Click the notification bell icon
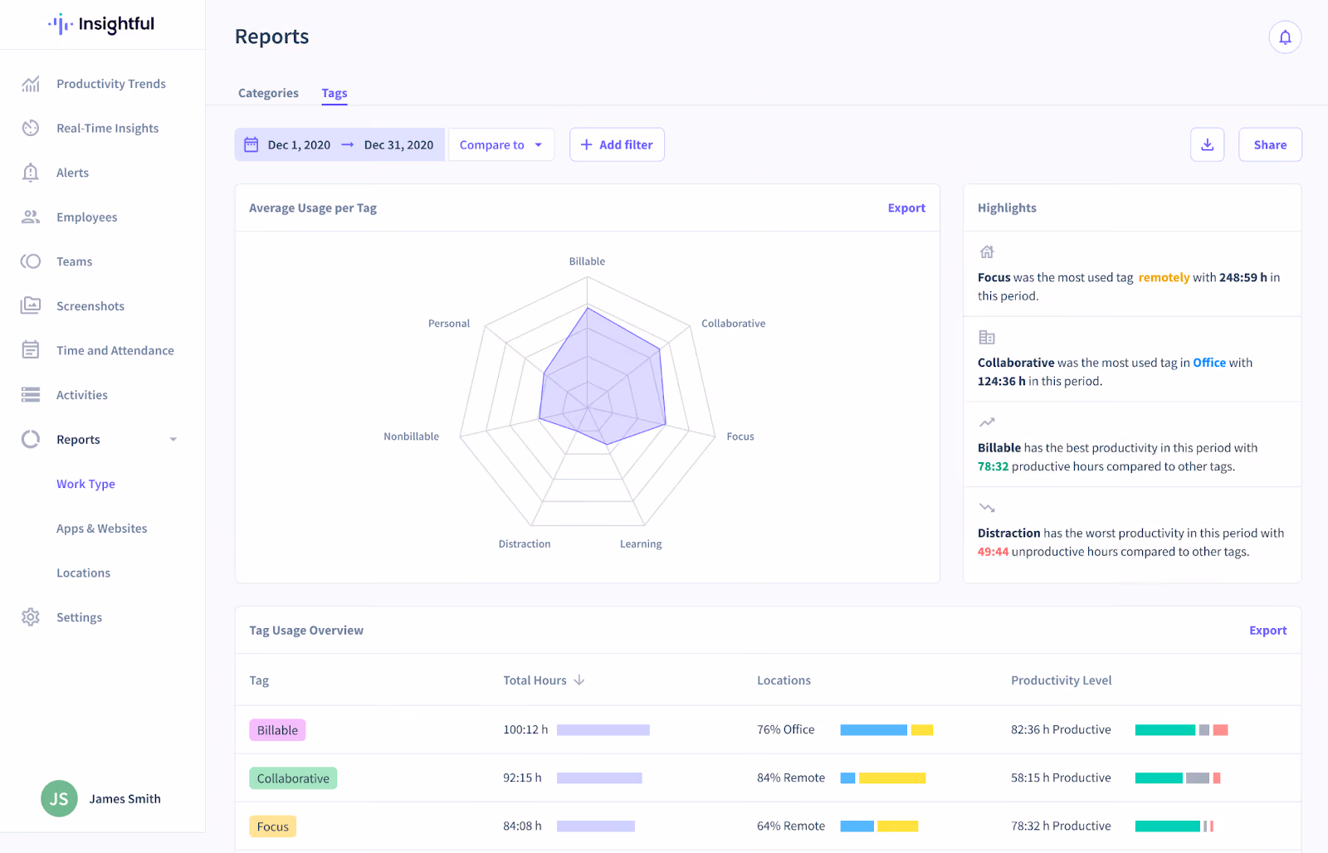pyautogui.click(x=1285, y=37)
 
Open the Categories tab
pyautogui.click(x=268, y=93)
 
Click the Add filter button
pyautogui.click(x=617, y=144)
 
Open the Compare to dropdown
pyautogui.click(x=501, y=144)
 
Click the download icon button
pyautogui.click(x=1207, y=144)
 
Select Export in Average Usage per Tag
pyautogui.click(x=906, y=208)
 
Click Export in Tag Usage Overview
pyautogui.click(x=1267, y=630)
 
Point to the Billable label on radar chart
pyautogui.click(x=587, y=261)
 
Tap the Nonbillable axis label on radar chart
pyautogui.click(x=411, y=436)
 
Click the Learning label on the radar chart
pyautogui.click(x=640, y=543)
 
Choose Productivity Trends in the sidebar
pyautogui.click(x=111, y=84)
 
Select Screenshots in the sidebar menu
pyautogui.click(x=90, y=306)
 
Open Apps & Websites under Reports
pyautogui.click(x=101, y=529)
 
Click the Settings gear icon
pyautogui.click(x=30, y=617)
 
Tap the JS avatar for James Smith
pyautogui.click(x=59, y=798)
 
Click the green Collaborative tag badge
pyautogui.click(x=293, y=777)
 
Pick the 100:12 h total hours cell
pyautogui.click(x=525, y=729)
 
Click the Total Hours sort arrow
pyautogui.click(x=579, y=680)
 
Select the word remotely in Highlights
pyautogui.click(x=1164, y=277)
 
